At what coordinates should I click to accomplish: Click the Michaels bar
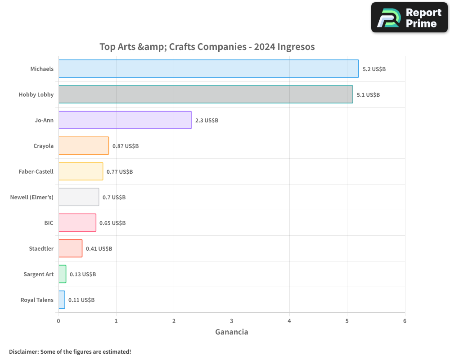point(208,69)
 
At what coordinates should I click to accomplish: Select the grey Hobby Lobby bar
point(206,94)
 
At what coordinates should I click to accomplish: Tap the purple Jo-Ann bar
point(125,120)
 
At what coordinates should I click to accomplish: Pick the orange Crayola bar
point(84,146)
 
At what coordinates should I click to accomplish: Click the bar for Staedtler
point(70,248)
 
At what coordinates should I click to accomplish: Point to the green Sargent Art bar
point(62,274)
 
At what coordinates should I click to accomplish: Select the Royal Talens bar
point(62,300)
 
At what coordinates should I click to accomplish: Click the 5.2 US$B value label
point(374,69)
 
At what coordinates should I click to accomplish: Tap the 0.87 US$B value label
point(125,146)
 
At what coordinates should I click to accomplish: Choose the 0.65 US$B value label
point(112,223)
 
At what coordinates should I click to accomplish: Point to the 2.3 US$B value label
point(207,121)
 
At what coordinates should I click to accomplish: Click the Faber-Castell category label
point(36,171)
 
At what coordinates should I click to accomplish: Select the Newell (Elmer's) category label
point(32,197)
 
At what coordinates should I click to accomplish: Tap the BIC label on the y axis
point(49,223)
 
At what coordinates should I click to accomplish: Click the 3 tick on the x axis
point(232,321)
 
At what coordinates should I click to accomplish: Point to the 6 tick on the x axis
point(405,321)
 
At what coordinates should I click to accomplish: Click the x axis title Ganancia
point(232,332)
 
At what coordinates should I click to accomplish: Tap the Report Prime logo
point(409,18)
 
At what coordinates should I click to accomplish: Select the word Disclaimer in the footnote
point(23,351)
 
